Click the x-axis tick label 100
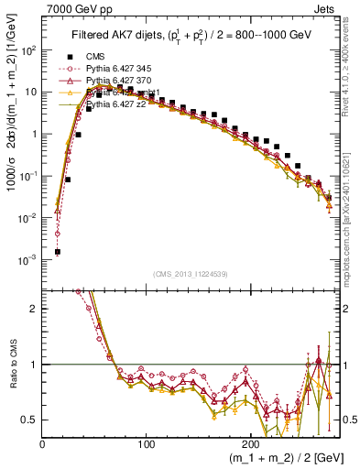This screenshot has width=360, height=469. [147, 444]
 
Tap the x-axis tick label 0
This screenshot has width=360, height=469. [43, 444]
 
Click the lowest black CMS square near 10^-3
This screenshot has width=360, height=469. [58, 251]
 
